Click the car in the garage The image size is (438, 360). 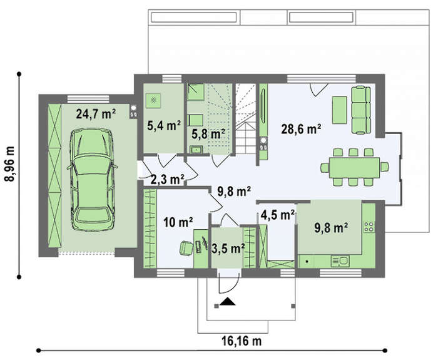click(92, 180)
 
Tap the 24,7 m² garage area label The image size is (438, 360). click(96, 115)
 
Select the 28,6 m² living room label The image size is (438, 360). click(301, 130)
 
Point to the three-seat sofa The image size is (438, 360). click(361, 110)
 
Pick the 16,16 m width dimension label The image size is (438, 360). click(242, 341)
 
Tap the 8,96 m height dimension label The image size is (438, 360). click(10, 164)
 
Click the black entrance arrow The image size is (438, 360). click(228, 302)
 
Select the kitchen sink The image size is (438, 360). click(340, 261)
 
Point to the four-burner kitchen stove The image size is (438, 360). click(369, 227)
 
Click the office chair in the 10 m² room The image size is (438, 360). click(186, 248)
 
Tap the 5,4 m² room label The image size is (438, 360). click(164, 126)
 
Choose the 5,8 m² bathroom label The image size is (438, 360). click(208, 134)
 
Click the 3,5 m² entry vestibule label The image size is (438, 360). click(228, 249)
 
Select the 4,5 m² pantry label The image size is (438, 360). click(278, 215)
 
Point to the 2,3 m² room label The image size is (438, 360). click(167, 180)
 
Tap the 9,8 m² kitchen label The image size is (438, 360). click(331, 228)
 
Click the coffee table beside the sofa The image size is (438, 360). click(339, 110)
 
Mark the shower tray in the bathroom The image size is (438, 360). click(195, 92)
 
